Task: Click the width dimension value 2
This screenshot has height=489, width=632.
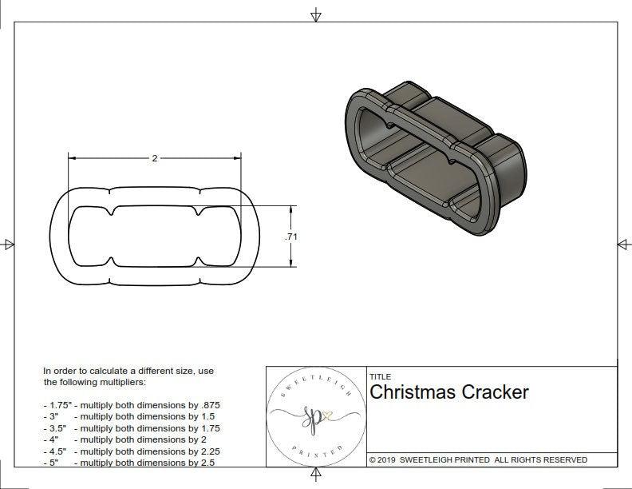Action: [154, 158]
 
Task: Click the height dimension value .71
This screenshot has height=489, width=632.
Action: [290, 237]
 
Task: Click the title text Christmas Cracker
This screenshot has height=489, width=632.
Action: [448, 392]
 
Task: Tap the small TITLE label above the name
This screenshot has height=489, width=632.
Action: [380, 377]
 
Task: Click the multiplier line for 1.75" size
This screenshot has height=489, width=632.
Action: [132, 405]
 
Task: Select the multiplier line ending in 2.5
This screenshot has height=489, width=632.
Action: [130, 463]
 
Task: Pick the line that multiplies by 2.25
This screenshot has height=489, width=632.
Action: [132, 451]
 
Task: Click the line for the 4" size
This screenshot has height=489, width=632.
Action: [128, 439]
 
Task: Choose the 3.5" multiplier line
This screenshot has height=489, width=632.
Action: [132, 428]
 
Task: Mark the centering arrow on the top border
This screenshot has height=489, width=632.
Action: [316, 14]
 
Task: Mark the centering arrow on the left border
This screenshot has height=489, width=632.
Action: [9, 244]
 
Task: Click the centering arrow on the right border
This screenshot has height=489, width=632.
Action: [622, 244]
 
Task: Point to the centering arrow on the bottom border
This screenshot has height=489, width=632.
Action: [316, 475]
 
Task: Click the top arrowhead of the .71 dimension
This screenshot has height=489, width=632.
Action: [290, 209]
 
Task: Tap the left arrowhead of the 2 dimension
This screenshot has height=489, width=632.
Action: [72, 158]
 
